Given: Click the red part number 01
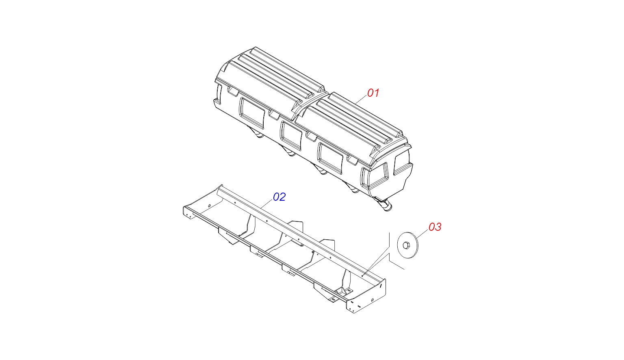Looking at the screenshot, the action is coord(373,93).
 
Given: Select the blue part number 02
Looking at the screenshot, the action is coord(279,197).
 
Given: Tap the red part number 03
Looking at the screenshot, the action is coord(435,227).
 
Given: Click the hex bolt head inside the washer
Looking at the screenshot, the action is coord(406,245).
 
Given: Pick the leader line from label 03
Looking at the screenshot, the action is coord(423,234).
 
